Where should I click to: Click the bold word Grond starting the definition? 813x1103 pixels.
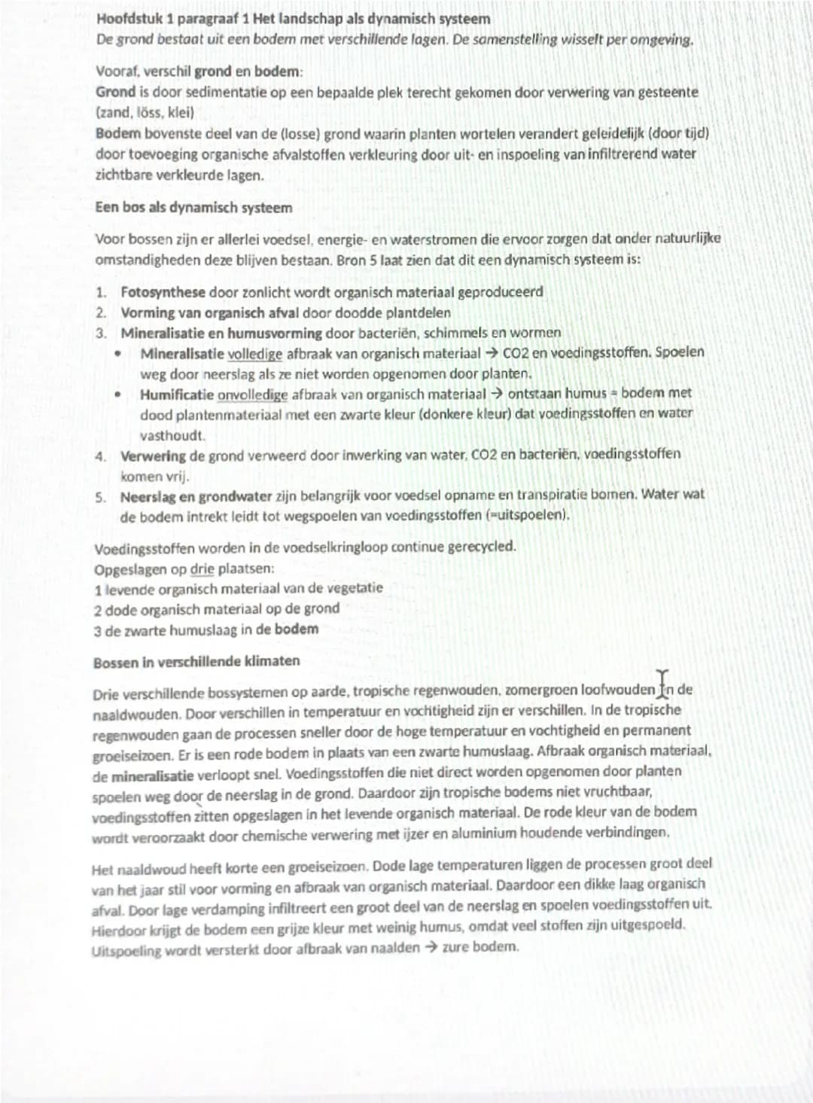point(115,92)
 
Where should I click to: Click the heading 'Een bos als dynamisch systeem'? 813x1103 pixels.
point(193,207)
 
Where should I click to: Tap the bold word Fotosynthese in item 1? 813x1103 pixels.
point(163,292)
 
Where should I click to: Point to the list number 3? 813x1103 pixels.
point(101,333)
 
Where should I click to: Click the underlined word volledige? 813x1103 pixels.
point(254,353)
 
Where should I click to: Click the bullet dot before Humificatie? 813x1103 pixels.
point(118,395)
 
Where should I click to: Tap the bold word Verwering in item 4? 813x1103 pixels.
point(153,456)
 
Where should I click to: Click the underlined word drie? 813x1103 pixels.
point(202,568)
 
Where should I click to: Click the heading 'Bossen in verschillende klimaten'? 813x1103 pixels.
point(196,662)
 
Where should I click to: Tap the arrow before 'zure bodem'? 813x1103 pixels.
point(431,947)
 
